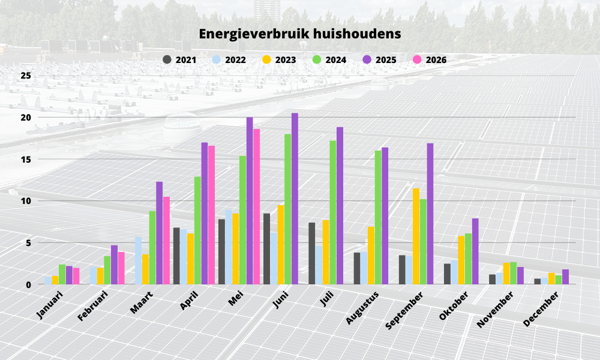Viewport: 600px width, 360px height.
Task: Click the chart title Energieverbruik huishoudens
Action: click(x=300, y=34)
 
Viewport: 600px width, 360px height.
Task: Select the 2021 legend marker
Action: click(x=167, y=59)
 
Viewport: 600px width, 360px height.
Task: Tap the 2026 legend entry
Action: click(x=430, y=59)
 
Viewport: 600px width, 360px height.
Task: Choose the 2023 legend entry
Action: click(x=279, y=59)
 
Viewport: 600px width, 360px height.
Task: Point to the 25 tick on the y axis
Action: click(x=26, y=76)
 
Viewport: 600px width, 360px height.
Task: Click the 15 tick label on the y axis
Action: click(x=26, y=159)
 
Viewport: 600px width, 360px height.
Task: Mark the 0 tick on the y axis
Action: click(x=28, y=284)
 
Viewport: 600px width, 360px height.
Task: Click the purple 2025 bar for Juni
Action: click(x=295, y=199)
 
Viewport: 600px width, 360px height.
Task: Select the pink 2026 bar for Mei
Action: click(x=256, y=206)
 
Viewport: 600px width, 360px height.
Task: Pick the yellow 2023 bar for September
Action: click(x=416, y=236)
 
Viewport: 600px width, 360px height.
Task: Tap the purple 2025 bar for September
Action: click(x=430, y=214)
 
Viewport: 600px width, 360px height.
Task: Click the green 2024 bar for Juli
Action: click(x=333, y=212)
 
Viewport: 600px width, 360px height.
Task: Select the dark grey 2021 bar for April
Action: click(x=176, y=256)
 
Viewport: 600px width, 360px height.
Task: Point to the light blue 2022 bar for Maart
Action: click(x=138, y=260)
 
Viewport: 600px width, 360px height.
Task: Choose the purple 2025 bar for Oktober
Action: click(x=475, y=251)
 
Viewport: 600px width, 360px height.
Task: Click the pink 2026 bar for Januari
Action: click(x=76, y=276)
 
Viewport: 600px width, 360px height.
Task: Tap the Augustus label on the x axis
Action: click(x=362, y=308)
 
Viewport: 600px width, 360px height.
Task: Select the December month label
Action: click(x=541, y=309)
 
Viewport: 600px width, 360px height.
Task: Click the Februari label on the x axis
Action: click(x=92, y=305)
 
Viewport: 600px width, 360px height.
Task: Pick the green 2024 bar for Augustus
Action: click(x=378, y=217)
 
